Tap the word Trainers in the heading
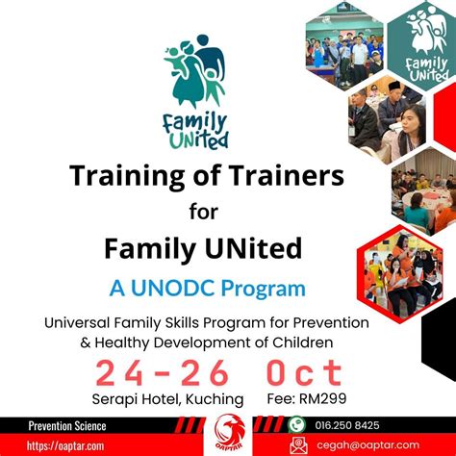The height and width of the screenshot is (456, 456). [x=280, y=176]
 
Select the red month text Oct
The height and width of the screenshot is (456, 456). [x=306, y=372]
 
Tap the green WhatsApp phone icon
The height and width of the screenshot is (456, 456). [x=297, y=424]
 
